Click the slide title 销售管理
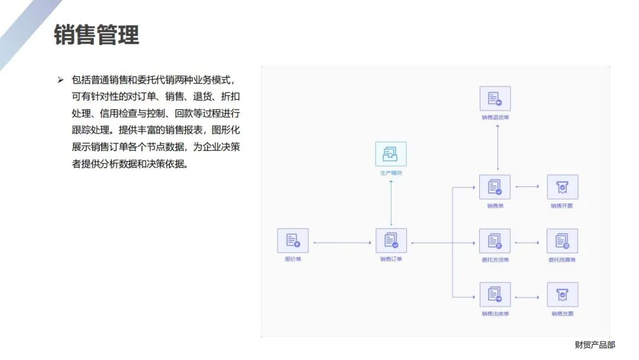96,34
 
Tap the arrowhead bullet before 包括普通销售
60,79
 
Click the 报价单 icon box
293,240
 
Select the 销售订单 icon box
391,240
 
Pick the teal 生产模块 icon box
391,154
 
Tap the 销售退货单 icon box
495,99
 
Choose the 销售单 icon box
495,187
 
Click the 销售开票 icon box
562,187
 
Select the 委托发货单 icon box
495,241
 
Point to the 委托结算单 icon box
562,241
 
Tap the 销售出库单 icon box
495,294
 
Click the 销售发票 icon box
562,294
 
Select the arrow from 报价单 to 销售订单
342,243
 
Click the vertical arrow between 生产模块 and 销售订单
391,202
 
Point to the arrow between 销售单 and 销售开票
528,187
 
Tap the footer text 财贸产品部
595,345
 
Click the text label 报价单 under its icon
293,259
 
